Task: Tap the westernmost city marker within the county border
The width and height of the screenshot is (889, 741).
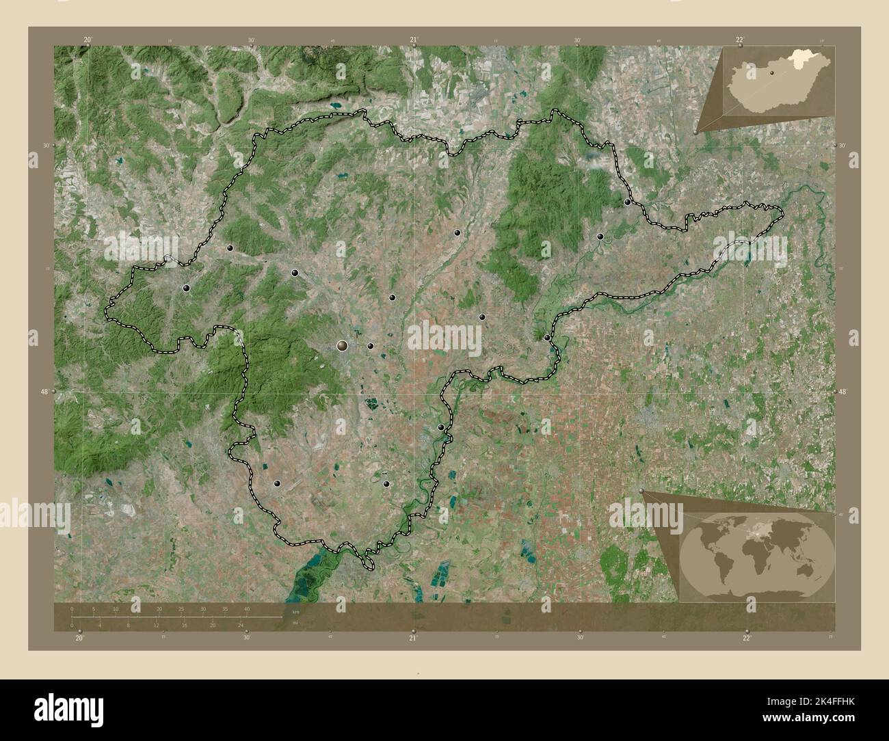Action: pyautogui.click(x=186, y=288)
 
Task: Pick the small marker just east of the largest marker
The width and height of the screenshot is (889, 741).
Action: pyautogui.click(x=370, y=346)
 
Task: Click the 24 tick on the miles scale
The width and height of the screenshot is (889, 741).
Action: pyautogui.click(x=240, y=625)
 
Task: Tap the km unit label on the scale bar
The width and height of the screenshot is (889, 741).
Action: pyautogui.click(x=295, y=612)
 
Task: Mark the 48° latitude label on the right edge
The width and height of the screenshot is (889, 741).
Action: pyautogui.click(x=842, y=392)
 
